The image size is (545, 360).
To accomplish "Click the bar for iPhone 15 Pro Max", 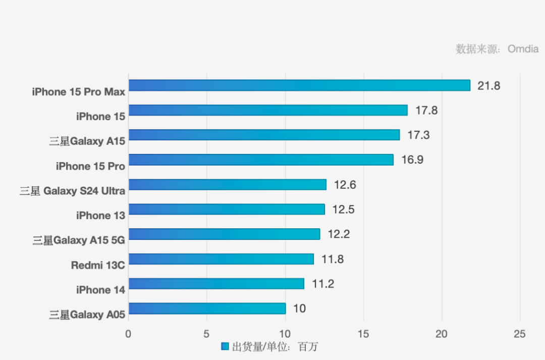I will tap(299, 85).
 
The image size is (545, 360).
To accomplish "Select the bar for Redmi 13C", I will tap(221, 259).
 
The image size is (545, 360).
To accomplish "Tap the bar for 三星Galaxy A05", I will tap(207, 308).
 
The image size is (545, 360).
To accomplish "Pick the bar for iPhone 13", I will tap(227, 209).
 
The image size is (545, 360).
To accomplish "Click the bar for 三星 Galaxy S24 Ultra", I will tap(227, 184).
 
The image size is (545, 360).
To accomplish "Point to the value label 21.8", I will tap(489, 86).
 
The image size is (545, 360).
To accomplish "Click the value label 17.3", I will tap(418, 135).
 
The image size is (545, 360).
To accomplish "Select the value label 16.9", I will tap(412, 160).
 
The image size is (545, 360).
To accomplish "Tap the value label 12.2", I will tap(339, 234).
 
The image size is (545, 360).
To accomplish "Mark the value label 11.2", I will tap(323, 284).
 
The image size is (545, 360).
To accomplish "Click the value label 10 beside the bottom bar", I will tap(299, 308).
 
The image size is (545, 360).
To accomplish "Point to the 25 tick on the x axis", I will tap(519, 334).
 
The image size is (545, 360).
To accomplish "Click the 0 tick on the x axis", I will tap(128, 334).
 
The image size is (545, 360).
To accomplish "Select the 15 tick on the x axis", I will tap(363, 334).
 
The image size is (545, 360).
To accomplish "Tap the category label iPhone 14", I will tap(100, 290).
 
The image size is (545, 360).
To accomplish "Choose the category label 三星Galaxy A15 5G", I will tap(79, 240).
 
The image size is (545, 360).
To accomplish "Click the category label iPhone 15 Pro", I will tap(90, 166).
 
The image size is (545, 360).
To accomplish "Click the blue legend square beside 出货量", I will tap(225, 346).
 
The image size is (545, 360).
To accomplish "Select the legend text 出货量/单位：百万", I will tap(275, 347).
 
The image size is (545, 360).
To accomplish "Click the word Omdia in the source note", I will tap(523, 49).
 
